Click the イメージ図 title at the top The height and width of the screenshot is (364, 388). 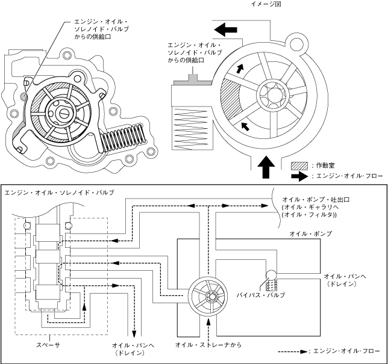click(266, 4)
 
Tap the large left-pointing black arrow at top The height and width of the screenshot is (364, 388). click(225, 29)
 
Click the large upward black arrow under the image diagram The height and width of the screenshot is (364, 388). click(266, 167)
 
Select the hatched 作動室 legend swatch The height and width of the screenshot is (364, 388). click(299, 166)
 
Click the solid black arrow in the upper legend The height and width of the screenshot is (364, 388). click(299, 176)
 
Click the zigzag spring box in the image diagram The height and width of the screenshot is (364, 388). click(192, 129)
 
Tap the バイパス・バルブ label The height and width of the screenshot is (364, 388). click(260, 295)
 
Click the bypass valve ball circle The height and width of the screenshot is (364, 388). click(272, 275)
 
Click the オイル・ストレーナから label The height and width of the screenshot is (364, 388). click(208, 345)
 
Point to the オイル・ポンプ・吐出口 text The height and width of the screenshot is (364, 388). click(316, 199)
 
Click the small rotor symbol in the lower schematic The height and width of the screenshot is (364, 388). click(208, 296)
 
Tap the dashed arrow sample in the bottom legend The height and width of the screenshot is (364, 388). click(292, 351)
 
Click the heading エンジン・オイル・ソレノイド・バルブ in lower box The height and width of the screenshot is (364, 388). click(60, 193)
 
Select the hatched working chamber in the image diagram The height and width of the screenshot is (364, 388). click(230, 101)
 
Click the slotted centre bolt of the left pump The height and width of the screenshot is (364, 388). click(64, 113)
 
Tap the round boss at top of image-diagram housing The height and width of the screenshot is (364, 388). click(296, 45)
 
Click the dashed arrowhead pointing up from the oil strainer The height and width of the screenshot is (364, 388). click(208, 321)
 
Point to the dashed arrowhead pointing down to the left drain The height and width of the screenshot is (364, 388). click(134, 333)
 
